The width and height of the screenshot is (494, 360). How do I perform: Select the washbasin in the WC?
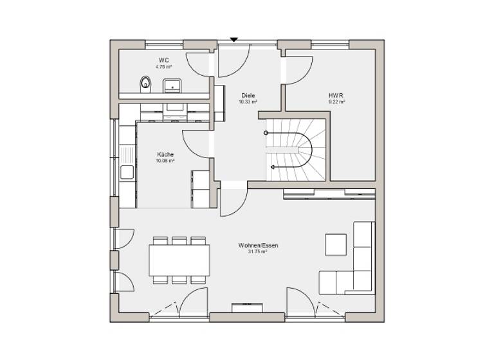pos(172,85)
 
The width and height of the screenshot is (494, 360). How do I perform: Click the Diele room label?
pos(248,94)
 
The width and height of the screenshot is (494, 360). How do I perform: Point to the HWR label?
pos(337,94)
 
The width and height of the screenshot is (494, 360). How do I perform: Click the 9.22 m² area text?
pos(337,102)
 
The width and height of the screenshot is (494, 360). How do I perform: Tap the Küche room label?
pos(165,154)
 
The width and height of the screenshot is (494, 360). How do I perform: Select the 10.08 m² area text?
pos(165,161)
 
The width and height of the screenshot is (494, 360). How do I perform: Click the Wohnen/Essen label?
pos(257,245)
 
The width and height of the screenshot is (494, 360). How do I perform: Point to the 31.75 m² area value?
pos(257,252)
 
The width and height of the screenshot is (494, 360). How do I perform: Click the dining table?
pos(179,260)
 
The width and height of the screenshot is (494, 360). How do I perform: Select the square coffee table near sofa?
pos(335,244)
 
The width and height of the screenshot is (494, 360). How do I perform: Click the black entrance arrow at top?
pos(234,40)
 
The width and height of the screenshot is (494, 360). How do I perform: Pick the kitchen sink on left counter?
pos(127,171)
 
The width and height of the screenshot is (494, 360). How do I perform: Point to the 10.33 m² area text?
pos(248,102)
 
